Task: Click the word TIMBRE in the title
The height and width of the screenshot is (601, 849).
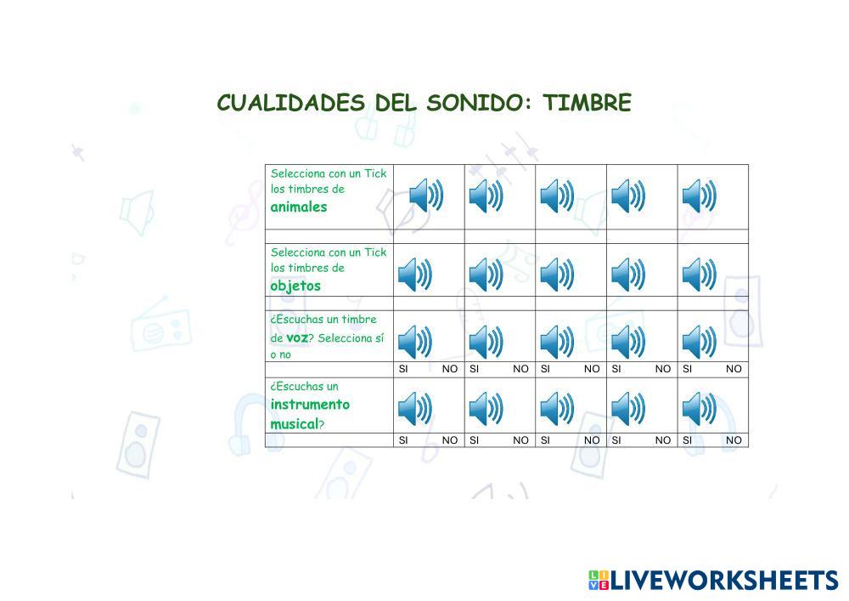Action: click(x=587, y=103)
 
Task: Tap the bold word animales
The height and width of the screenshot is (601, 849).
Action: click(x=299, y=207)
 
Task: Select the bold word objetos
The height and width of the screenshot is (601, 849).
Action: click(x=295, y=286)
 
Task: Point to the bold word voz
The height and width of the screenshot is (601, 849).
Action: click(x=296, y=337)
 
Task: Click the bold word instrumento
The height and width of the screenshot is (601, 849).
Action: click(x=310, y=405)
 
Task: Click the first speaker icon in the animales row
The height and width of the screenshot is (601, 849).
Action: click(x=426, y=196)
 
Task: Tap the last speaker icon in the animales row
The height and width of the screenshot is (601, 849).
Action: click(x=700, y=196)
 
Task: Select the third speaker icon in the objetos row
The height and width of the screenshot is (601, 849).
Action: click(x=557, y=275)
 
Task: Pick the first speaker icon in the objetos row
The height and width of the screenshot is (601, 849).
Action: click(x=415, y=275)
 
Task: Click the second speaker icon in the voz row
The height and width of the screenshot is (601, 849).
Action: click(x=486, y=341)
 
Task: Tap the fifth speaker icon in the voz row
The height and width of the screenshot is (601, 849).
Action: click(x=700, y=341)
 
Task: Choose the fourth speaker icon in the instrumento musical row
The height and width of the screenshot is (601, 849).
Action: click(x=628, y=409)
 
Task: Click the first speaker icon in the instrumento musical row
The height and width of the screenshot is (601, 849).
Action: click(x=415, y=409)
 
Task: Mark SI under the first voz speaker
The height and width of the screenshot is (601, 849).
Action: click(x=403, y=369)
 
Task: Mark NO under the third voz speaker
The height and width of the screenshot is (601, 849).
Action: click(x=592, y=369)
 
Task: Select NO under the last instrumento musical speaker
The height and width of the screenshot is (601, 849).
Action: click(x=734, y=440)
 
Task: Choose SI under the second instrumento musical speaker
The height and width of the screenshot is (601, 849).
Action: click(x=475, y=440)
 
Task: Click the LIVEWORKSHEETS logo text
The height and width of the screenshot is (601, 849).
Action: click(x=723, y=581)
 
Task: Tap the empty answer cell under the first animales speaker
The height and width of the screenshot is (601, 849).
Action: click(x=429, y=236)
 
